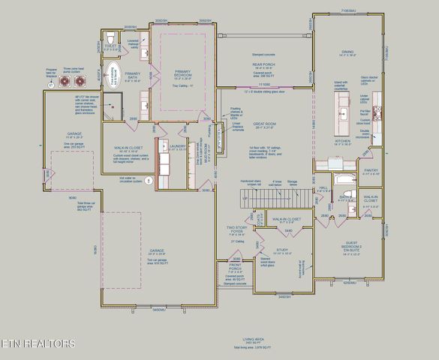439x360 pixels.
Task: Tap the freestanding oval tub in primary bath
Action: [x=113, y=79]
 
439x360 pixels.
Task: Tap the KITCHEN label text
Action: [x=343, y=140]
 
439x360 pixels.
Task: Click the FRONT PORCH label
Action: [x=235, y=268]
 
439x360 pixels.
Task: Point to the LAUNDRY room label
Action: [x=178, y=145]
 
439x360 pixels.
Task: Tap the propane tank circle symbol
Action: [x=51, y=85]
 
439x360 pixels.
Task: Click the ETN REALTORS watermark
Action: [x=38, y=344]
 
